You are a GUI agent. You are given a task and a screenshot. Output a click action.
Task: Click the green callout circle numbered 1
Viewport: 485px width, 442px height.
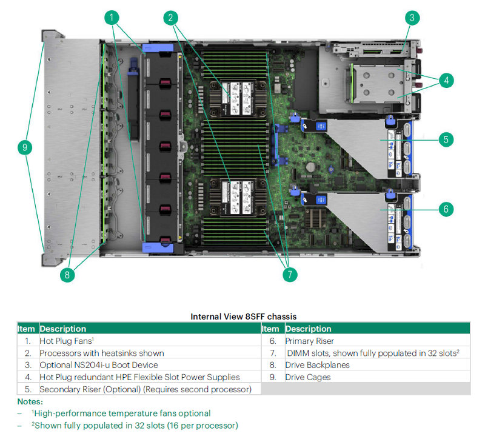click(112, 18)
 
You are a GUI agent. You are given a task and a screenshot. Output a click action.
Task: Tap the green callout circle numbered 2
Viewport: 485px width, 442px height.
click(171, 18)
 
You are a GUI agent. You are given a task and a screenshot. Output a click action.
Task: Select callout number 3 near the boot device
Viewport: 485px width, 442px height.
click(412, 18)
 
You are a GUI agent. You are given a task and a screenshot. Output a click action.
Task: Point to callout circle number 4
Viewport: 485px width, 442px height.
click(446, 81)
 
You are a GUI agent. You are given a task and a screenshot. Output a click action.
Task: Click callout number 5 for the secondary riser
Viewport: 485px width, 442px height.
click(446, 139)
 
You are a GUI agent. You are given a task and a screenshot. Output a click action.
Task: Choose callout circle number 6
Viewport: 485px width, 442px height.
click(446, 209)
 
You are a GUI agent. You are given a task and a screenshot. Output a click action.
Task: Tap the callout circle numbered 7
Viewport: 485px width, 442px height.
click(290, 275)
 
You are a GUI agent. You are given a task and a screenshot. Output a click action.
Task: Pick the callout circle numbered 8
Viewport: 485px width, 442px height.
click(67, 275)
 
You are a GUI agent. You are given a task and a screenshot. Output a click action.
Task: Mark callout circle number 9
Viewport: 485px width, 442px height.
click(25, 147)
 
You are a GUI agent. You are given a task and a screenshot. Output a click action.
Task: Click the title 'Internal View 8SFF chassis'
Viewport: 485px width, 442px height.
click(244, 316)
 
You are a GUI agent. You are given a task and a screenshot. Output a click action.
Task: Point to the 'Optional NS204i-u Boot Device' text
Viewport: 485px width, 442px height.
click(99, 365)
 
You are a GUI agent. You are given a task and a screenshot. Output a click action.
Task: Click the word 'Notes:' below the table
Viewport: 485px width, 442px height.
click(30, 401)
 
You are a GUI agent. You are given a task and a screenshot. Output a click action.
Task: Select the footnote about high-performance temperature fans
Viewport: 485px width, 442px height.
click(121, 414)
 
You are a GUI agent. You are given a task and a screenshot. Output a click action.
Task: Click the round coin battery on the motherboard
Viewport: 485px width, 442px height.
click(310, 167)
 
